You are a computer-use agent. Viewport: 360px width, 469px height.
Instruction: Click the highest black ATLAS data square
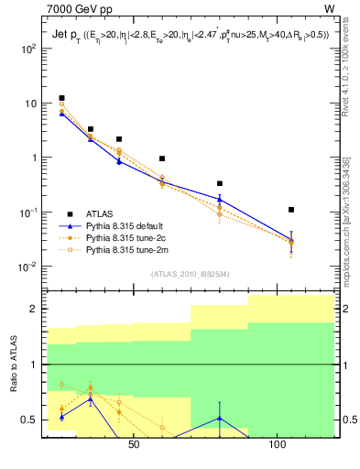[61, 98]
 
